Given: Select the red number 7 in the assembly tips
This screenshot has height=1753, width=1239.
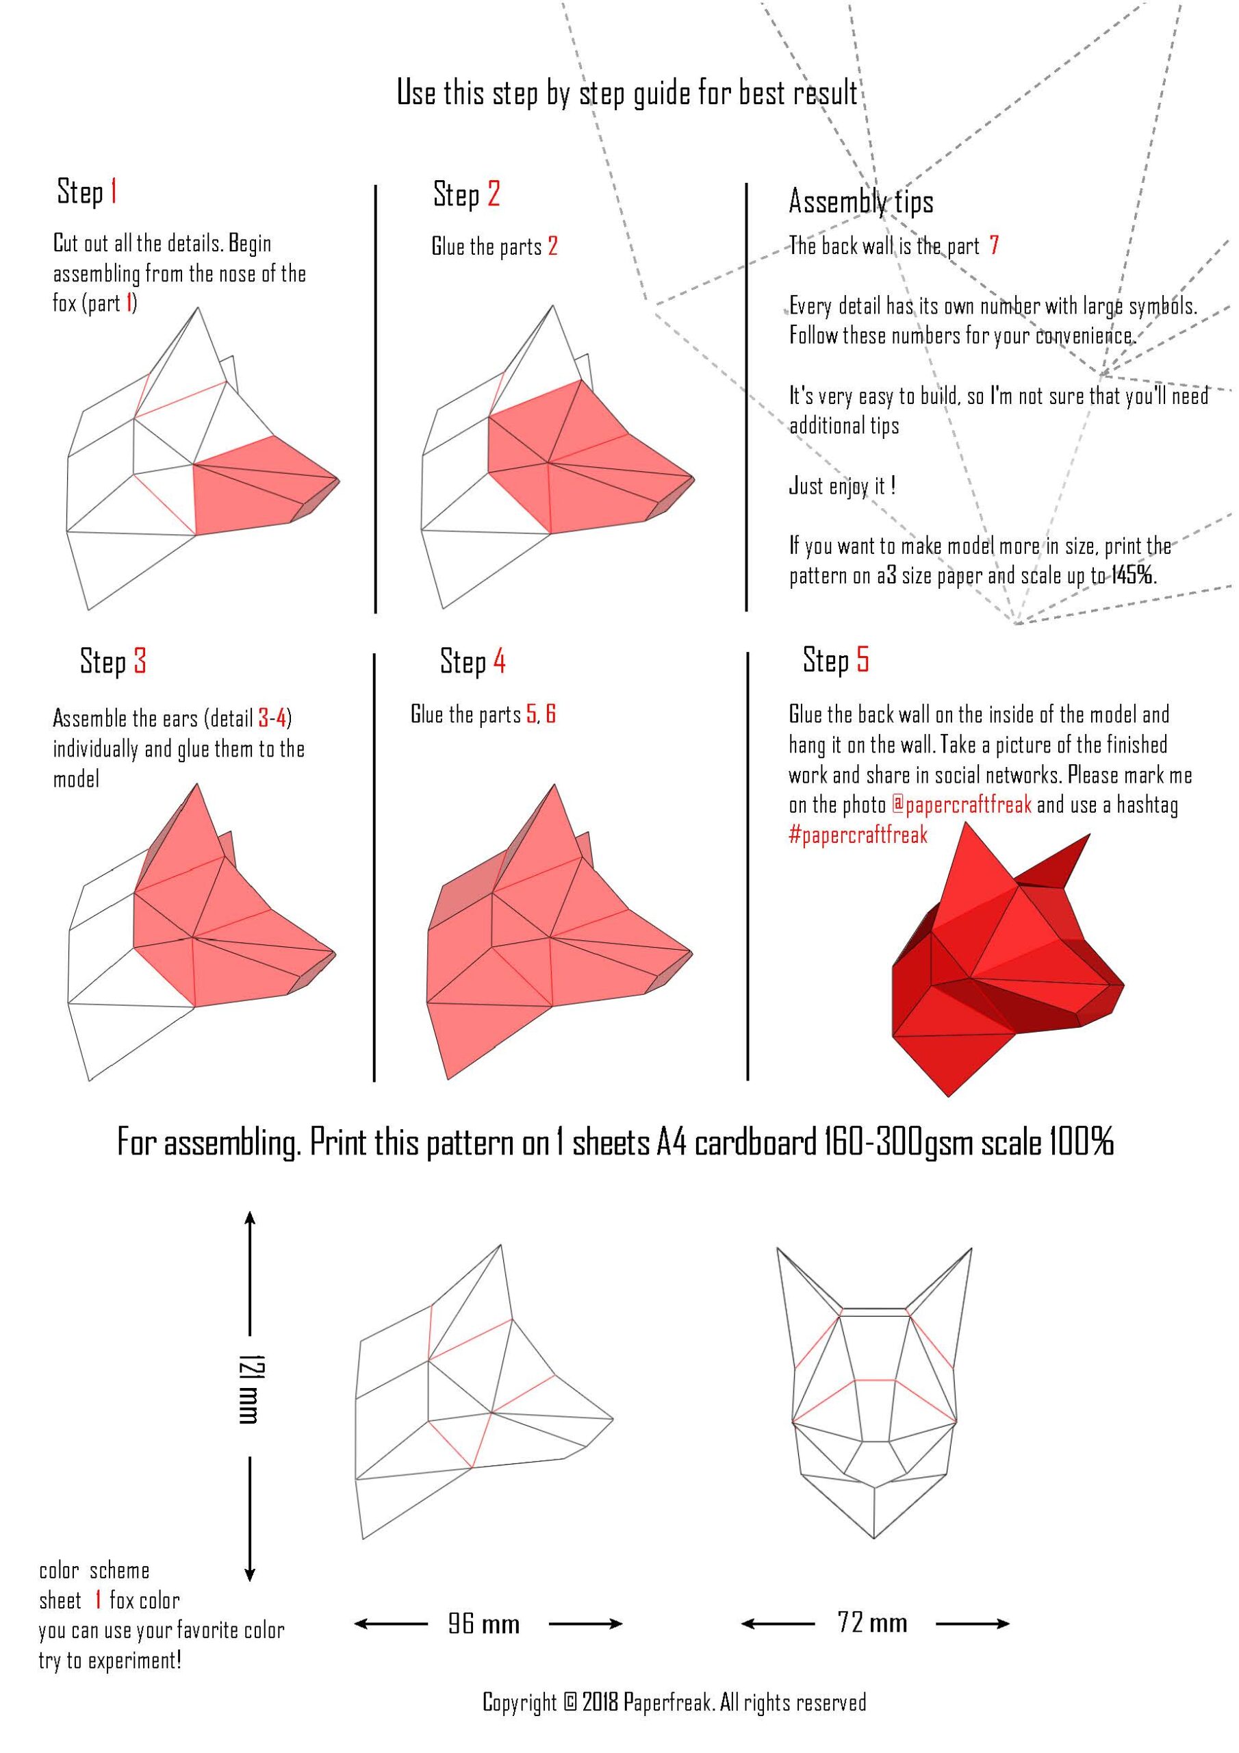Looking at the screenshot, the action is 993,246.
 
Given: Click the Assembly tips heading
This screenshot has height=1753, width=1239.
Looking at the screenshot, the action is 860,202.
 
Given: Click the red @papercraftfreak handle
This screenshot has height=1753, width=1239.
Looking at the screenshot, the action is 961,805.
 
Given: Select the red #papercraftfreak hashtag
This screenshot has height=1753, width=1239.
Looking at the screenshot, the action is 858,835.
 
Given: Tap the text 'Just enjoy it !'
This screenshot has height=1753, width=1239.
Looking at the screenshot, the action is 841,485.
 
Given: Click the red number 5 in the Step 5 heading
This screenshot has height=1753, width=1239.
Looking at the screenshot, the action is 862,659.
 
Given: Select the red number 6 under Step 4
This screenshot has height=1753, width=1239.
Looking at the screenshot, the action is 550,714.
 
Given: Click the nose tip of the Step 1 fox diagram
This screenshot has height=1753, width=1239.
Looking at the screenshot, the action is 339,480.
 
